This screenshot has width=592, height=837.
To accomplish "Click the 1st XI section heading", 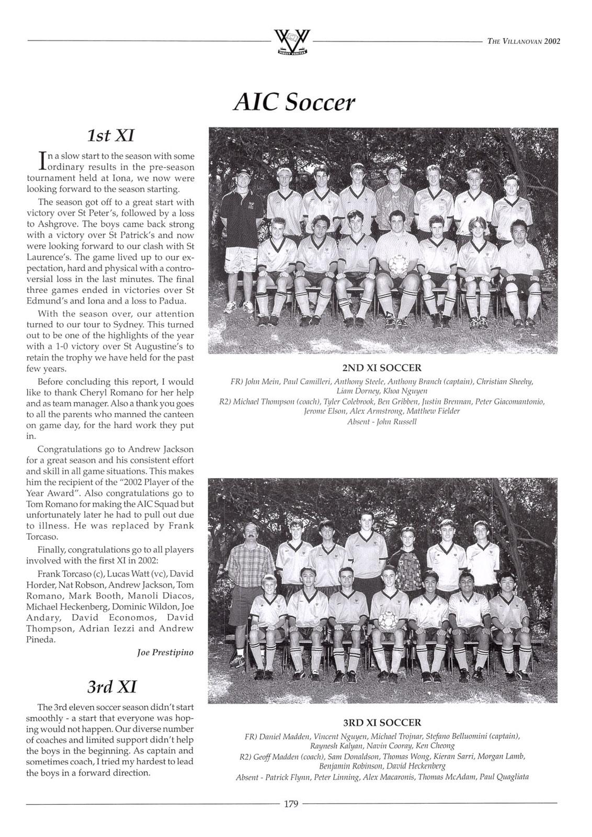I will tap(110, 135).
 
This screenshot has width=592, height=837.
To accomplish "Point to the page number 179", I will tap(291, 804).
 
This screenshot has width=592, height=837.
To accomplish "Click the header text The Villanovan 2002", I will tap(523, 42).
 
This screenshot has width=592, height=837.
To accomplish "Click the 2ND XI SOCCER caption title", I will tap(381, 368).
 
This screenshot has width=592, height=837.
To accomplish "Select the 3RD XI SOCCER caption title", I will tap(381, 722).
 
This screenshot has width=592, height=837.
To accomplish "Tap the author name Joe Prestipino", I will tap(165, 652).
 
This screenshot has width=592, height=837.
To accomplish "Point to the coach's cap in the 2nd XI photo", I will tap(242, 173).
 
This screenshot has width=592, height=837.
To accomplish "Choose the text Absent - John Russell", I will tap(381, 422).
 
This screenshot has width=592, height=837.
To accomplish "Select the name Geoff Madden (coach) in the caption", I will tap(279, 756).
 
